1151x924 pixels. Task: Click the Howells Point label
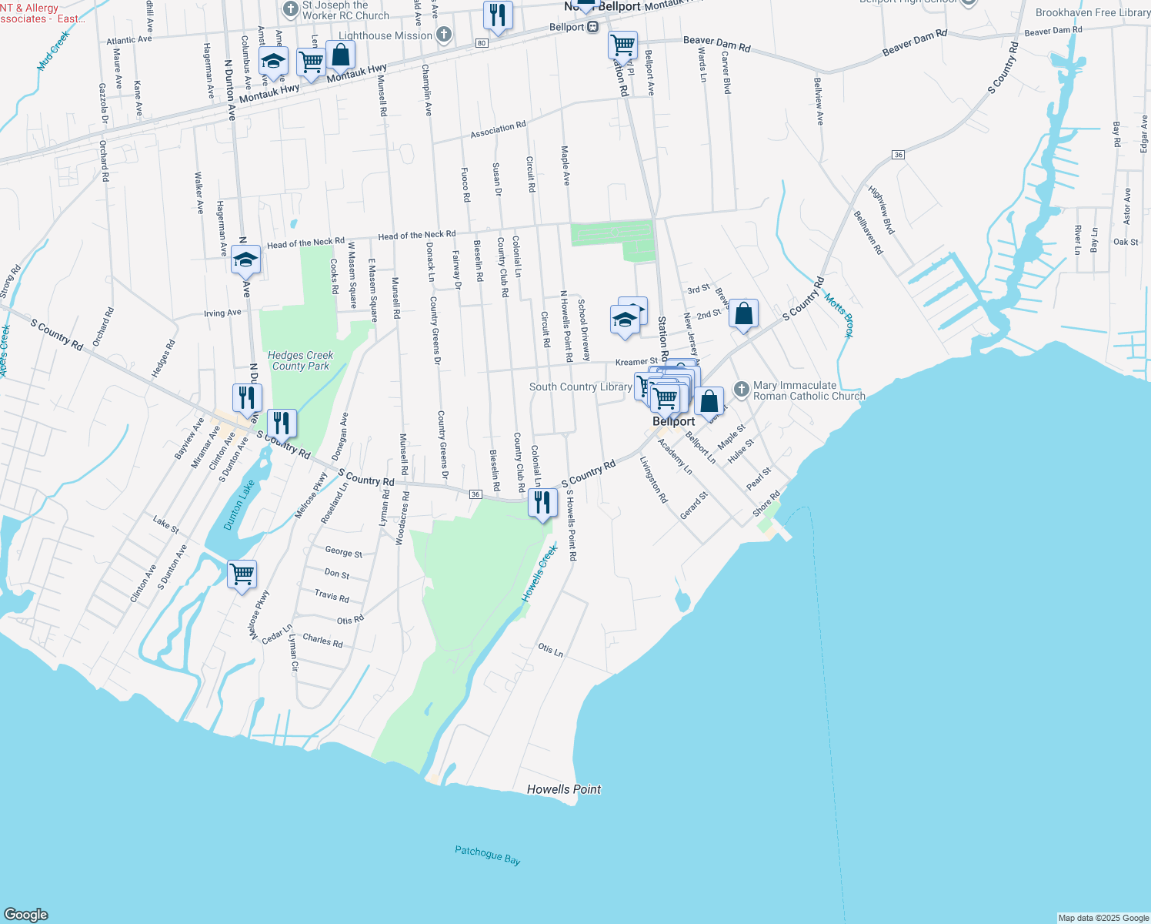coord(564,789)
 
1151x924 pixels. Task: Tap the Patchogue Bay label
coord(487,855)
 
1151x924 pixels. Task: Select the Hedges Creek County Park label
coord(300,360)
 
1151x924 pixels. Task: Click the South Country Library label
coord(580,387)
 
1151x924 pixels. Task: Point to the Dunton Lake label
coord(239,505)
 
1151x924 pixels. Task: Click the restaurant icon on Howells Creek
coord(543,504)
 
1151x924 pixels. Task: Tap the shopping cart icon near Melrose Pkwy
coord(242,574)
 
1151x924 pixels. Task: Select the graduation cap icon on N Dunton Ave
coord(246,260)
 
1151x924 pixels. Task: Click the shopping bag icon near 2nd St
coord(743,314)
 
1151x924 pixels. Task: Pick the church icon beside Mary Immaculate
coord(741,390)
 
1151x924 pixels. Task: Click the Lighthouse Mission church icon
coord(444,35)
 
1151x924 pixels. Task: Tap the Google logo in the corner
coord(25,914)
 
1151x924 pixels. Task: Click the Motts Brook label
coord(839,315)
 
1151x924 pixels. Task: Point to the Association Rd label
coord(498,129)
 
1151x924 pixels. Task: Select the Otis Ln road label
coord(550,650)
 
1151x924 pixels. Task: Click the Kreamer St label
coord(636,362)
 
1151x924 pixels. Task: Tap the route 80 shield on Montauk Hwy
coord(482,43)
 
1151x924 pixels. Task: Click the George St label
coord(343,551)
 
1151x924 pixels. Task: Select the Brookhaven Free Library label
coord(1093,12)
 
